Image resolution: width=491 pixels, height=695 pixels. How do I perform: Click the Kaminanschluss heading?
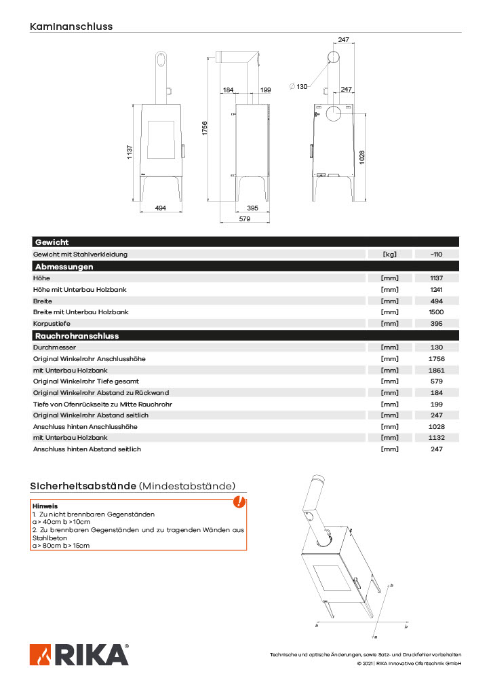[x=71, y=26]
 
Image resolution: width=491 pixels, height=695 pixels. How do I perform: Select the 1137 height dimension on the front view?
[x=130, y=153]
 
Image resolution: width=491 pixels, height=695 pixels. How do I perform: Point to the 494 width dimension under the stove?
[x=161, y=208]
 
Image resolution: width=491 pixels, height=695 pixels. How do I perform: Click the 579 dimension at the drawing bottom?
[x=245, y=219]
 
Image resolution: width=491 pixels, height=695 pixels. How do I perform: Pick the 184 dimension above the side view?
[x=228, y=90]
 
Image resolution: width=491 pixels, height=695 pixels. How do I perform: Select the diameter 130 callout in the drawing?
[x=298, y=86]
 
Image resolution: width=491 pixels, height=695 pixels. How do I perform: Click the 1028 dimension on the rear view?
[x=363, y=157]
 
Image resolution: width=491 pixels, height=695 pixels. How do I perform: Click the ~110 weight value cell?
[x=436, y=255]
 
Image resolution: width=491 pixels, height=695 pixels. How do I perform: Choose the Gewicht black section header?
[x=52, y=242]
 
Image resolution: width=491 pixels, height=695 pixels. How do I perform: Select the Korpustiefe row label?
[x=52, y=323]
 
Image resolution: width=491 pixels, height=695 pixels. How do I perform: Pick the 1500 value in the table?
[x=436, y=312]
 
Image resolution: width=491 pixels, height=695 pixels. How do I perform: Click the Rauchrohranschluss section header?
[x=77, y=335]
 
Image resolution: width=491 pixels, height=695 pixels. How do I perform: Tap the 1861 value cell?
[x=436, y=370]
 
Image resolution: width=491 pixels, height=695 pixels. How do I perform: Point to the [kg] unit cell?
[x=389, y=255]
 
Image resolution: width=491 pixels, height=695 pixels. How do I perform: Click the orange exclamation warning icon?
[x=239, y=502]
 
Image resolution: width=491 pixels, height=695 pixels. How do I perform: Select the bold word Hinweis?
[x=45, y=506]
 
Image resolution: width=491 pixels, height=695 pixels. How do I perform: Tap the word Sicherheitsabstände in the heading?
[x=83, y=486]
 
